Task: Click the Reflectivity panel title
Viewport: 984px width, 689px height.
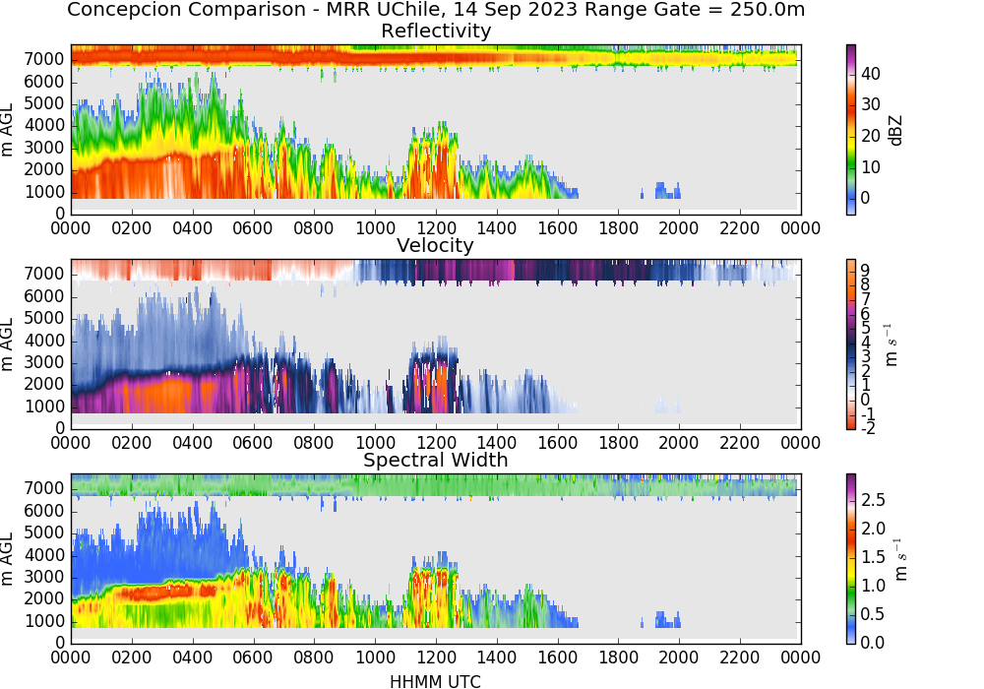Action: tap(436, 31)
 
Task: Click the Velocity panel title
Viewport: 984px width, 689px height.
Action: tap(435, 245)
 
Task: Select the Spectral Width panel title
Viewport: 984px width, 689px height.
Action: tap(436, 460)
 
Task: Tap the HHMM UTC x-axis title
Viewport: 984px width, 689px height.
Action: tap(435, 681)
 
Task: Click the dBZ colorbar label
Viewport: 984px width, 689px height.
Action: tap(895, 131)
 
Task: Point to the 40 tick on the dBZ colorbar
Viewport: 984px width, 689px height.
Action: tap(871, 74)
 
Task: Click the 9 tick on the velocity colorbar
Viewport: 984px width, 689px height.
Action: tap(865, 270)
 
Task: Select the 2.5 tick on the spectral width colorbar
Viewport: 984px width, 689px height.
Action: tap(873, 499)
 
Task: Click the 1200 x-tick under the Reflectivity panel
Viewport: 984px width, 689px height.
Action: tap(436, 227)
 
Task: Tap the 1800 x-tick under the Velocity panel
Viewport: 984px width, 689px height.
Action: tap(618, 442)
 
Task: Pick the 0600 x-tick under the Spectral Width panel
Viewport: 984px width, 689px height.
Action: tap(253, 657)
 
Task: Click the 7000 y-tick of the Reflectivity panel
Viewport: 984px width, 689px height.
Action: tap(44, 60)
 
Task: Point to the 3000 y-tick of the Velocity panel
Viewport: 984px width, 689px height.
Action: tap(44, 362)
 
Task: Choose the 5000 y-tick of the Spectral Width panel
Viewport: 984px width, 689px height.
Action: tap(44, 532)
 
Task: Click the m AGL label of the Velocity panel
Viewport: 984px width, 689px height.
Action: tap(7, 344)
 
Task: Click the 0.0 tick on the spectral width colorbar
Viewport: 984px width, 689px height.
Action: tap(873, 642)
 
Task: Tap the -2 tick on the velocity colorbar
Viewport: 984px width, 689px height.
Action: tap(868, 428)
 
